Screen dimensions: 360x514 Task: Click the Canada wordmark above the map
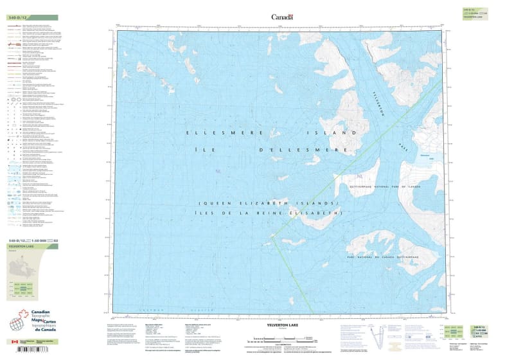(x=282, y=17)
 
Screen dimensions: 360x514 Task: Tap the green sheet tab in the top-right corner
(x=476, y=14)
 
